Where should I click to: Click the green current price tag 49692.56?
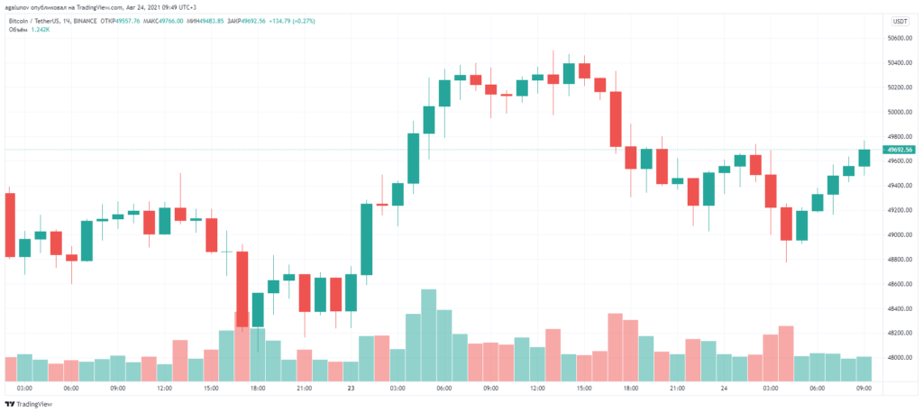900,150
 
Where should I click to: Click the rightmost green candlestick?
864,158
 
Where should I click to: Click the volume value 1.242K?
41,29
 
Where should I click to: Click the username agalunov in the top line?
20,6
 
